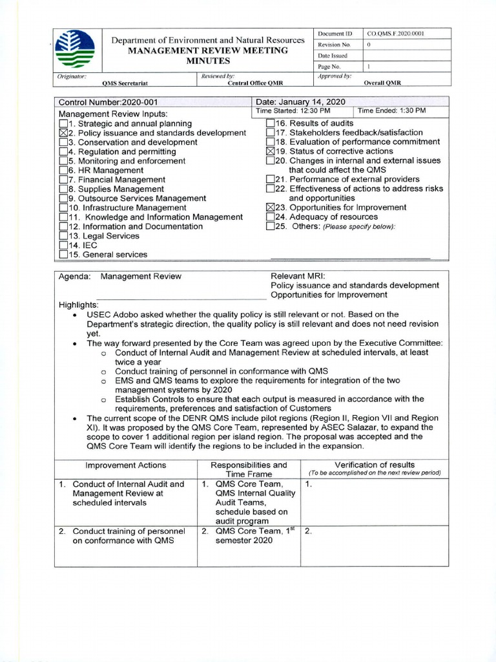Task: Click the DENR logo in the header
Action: (x=75, y=50)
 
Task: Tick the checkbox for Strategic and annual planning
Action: (x=63, y=123)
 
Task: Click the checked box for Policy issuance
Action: (x=63, y=133)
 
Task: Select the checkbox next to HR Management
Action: (x=63, y=171)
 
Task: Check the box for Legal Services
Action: (x=63, y=237)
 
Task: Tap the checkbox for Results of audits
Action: (x=271, y=123)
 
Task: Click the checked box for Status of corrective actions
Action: (x=271, y=151)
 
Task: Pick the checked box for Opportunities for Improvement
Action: (x=271, y=208)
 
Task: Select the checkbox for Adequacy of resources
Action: (x=271, y=217)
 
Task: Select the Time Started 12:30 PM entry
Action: (x=294, y=111)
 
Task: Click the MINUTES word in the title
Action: (x=208, y=61)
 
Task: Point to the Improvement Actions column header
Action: (x=125, y=465)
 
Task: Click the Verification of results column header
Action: (x=375, y=465)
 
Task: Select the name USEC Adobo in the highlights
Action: (x=114, y=314)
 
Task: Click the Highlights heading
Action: (x=79, y=304)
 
